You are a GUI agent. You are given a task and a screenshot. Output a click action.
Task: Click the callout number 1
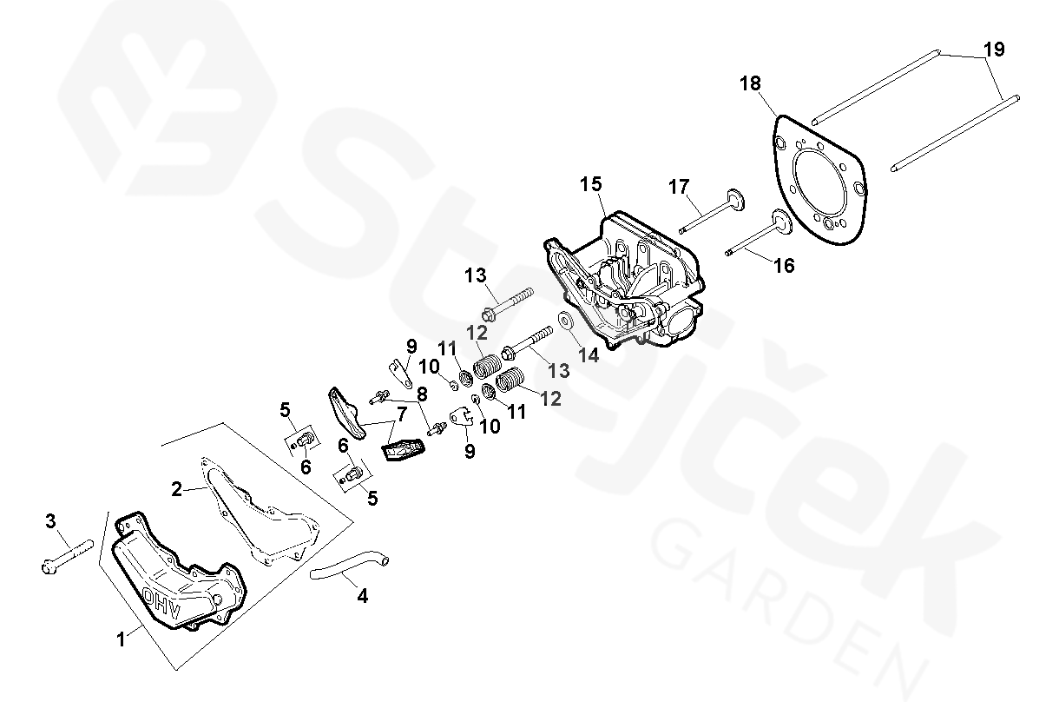pos(121,639)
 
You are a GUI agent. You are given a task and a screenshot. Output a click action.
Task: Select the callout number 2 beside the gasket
pos(176,489)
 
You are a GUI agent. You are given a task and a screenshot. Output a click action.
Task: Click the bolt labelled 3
pos(68,556)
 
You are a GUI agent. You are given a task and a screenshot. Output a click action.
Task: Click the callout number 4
pos(362,596)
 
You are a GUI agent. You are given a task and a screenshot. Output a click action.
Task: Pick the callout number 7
pos(402,414)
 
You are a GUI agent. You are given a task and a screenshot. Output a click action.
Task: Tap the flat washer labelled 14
pos(564,321)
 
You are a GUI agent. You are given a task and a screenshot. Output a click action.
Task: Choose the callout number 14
pos(589,354)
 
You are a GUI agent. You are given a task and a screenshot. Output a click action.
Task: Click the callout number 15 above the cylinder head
pos(591,184)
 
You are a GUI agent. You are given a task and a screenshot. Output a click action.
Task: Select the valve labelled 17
pos(712,211)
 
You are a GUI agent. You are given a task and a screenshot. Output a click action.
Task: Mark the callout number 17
pos(679,187)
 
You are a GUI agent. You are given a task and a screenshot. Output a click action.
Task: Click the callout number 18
pos(750,83)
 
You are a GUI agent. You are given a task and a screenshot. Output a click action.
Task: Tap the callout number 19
pos(994,50)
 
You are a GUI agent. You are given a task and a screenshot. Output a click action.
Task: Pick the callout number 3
pos(50,520)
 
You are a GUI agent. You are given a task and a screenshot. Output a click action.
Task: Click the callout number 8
pos(422,394)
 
